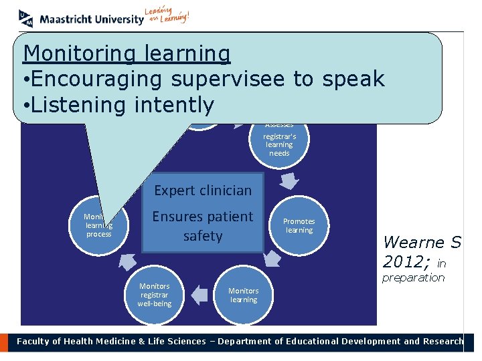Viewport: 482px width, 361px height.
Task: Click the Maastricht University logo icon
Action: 25,17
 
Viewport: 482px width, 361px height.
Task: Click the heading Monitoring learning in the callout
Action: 127,53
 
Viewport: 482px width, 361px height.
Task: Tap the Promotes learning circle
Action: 299,226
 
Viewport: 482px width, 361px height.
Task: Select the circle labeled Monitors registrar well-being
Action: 155,295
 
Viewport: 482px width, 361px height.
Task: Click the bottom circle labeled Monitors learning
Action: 244,295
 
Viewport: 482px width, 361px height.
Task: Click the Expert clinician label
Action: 203,191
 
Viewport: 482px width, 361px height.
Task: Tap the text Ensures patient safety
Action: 203,226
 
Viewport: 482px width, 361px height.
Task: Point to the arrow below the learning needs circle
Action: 289,181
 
